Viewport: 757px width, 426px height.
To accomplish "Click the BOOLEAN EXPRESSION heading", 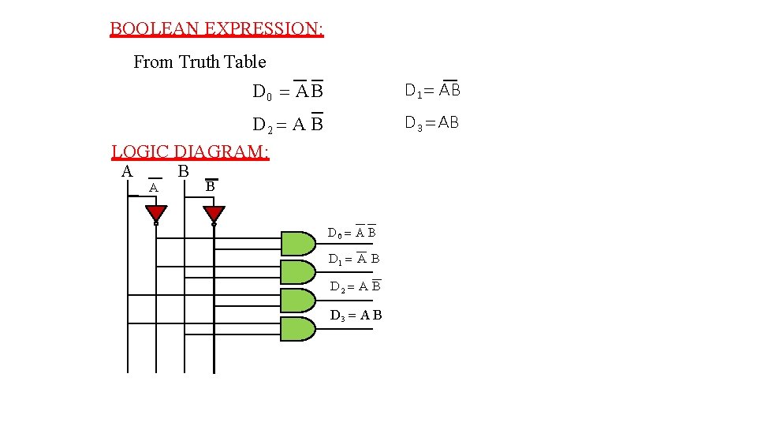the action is [x=216, y=29].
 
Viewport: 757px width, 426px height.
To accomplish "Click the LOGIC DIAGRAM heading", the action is [x=190, y=151].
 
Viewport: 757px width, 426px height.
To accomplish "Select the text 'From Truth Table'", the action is [x=200, y=62].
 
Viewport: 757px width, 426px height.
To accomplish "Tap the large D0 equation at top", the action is [x=288, y=92].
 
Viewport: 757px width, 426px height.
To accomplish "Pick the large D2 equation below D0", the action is [x=288, y=125].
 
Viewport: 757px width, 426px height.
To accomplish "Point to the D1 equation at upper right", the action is [x=432, y=90].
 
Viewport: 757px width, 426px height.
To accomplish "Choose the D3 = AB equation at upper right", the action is [x=431, y=122].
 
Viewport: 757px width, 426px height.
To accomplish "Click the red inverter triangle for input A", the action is [x=156, y=214].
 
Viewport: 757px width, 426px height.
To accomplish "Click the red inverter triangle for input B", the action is [x=214, y=214].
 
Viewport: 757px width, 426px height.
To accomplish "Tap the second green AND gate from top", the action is [x=297, y=271].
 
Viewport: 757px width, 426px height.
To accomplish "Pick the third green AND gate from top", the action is [x=297, y=301].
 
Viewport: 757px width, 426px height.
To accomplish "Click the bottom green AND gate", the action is [x=297, y=329].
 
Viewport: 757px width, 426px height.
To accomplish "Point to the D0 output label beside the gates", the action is [x=352, y=233].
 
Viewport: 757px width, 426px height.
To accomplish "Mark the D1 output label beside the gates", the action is [x=354, y=259].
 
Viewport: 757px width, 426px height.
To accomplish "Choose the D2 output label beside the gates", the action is [x=355, y=286].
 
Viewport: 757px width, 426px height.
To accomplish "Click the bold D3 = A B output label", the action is [x=356, y=316].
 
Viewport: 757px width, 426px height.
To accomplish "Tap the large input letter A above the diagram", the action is [x=127, y=171].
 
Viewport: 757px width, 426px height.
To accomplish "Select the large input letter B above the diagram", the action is [x=183, y=171].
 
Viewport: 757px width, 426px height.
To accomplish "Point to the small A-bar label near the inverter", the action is [x=155, y=188].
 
